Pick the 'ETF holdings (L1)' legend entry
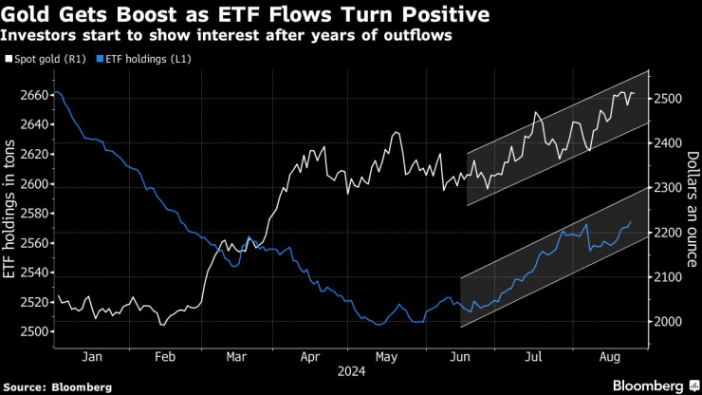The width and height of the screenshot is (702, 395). pos(153,59)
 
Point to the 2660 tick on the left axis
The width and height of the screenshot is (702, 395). pos(34,95)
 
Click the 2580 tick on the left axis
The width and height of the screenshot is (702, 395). pos(34,213)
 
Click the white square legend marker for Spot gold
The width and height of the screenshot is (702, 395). pos(8,59)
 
